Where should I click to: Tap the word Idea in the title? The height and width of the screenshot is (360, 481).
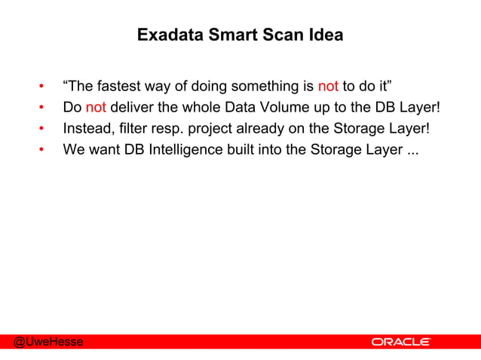click(x=326, y=35)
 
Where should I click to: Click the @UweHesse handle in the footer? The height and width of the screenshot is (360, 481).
click(x=47, y=342)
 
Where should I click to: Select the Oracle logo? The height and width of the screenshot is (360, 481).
click(x=401, y=342)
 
